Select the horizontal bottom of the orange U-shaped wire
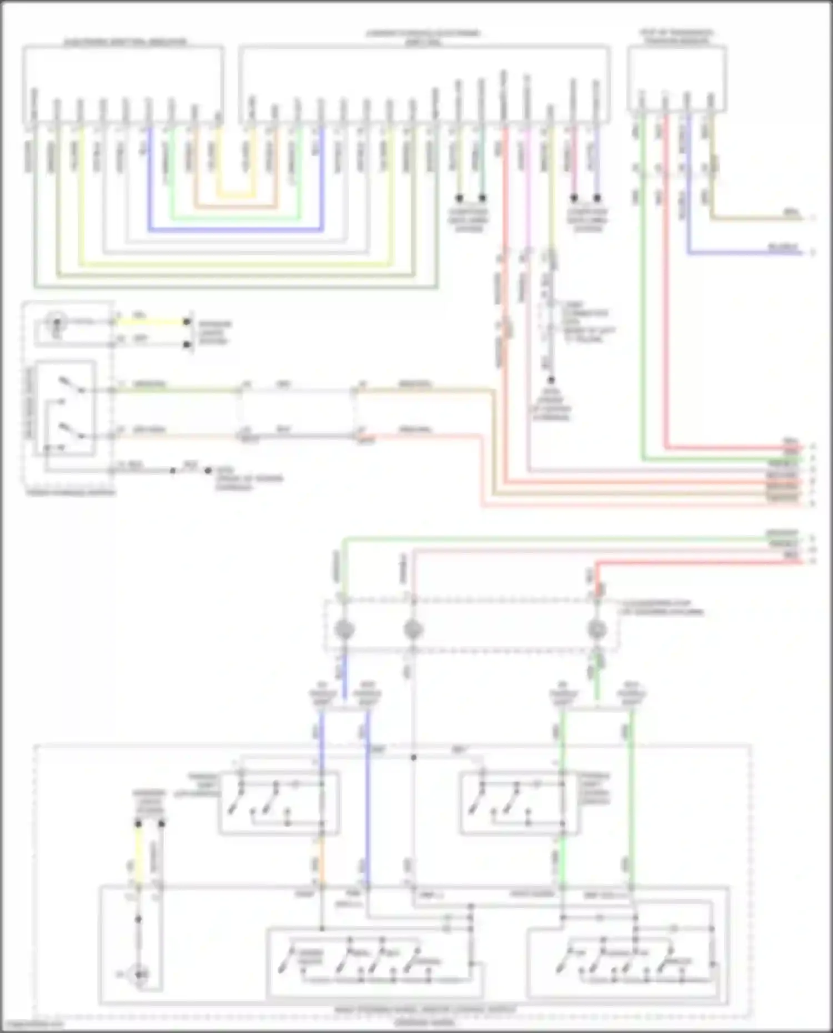[x=236, y=207]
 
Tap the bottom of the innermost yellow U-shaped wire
[x=236, y=195]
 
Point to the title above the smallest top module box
[x=676, y=37]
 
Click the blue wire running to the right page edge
[x=744, y=254]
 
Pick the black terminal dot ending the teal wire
[x=482, y=198]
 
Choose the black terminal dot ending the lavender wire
[x=597, y=198]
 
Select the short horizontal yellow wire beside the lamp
[x=150, y=321]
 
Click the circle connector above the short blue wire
[x=344, y=630]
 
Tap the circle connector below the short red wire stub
[x=597, y=630]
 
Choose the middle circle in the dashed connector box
[x=413, y=630]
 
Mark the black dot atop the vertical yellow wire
[x=138, y=824]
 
